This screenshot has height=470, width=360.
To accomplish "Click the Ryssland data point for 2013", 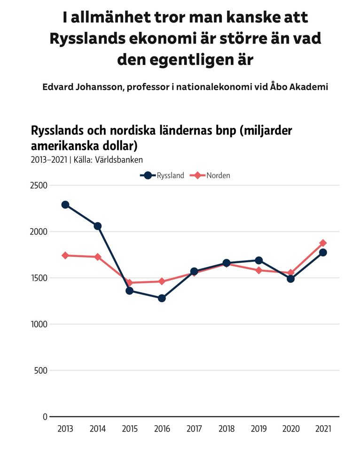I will (x=65, y=204).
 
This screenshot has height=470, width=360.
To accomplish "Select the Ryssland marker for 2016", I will (x=162, y=298).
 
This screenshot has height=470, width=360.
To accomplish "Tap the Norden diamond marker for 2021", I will (x=323, y=243).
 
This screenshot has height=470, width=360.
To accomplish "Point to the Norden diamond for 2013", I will (x=65, y=255).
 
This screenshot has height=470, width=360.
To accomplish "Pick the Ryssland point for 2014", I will (x=97, y=226).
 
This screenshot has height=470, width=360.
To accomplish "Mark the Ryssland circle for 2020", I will (x=290, y=278).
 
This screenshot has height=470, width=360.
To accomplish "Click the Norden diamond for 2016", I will (x=162, y=281).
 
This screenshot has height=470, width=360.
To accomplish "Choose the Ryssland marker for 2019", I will (x=258, y=260).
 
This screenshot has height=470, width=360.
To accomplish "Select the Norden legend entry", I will (x=211, y=175).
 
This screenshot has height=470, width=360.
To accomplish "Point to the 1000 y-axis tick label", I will (x=39, y=324).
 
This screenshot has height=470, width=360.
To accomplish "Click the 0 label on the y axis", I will (x=45, y=417).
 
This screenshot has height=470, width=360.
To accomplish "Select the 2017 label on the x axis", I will (x=194, y=429).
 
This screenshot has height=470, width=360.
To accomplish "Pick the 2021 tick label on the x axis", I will (x=323, y=429).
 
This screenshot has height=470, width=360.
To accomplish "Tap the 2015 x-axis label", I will (x=130, y=429).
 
